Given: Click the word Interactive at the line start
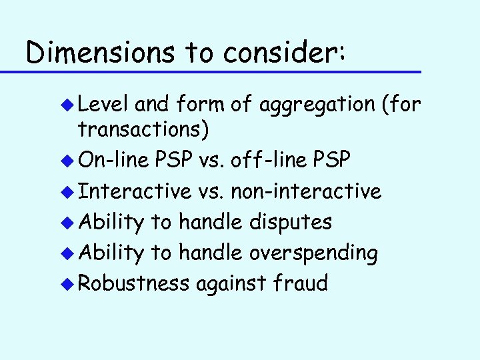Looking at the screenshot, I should (135, 191).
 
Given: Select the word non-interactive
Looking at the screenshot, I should (305, 191).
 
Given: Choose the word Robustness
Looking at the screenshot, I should (134, 283).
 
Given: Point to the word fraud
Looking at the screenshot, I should (301, 283).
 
